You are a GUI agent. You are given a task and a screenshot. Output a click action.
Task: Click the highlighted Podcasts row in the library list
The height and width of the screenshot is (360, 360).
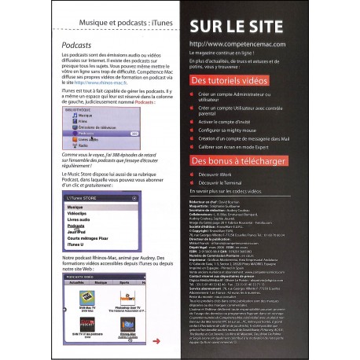click(x=84, y=134)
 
